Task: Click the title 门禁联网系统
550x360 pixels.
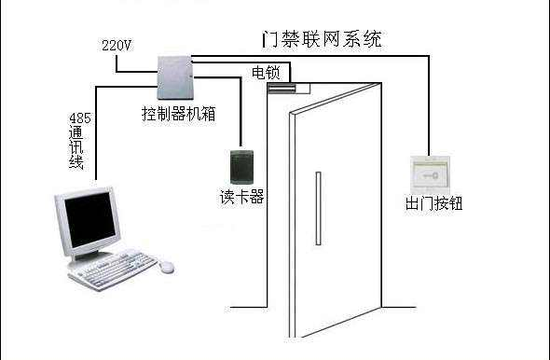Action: tap(322, 41)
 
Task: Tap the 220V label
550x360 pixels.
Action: tap(116, 45)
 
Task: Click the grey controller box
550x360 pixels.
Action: tap(174, 80)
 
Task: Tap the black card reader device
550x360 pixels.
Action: tap(241, 166)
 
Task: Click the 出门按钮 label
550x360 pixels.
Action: tap(431, 203)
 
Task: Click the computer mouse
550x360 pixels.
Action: tap(167, 267)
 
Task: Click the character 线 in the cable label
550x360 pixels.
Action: tap(77, 163)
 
